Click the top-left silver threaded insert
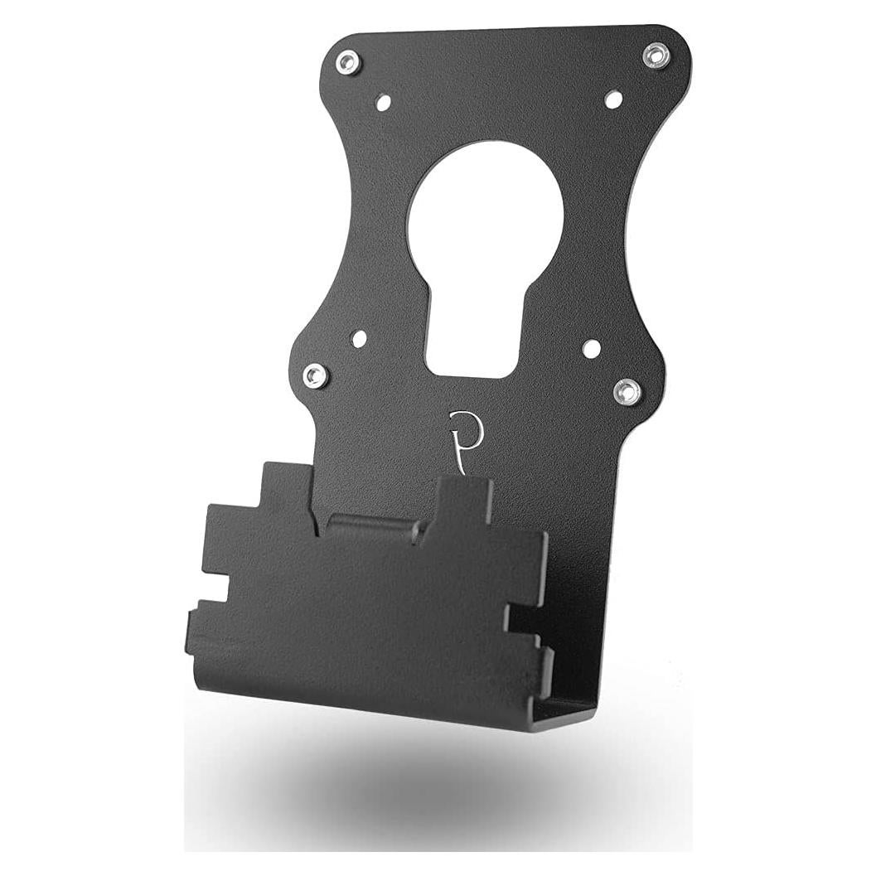tap(348, 62)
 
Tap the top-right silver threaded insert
tap(656, 56)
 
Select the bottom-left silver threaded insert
tap(316, 376)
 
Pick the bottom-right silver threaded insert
tap(627, 391)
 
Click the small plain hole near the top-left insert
tap(383, 103)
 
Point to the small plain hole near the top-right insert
tap(613, 99)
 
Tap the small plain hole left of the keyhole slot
tap(359, 339)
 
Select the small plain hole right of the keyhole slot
tap(591, 348)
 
